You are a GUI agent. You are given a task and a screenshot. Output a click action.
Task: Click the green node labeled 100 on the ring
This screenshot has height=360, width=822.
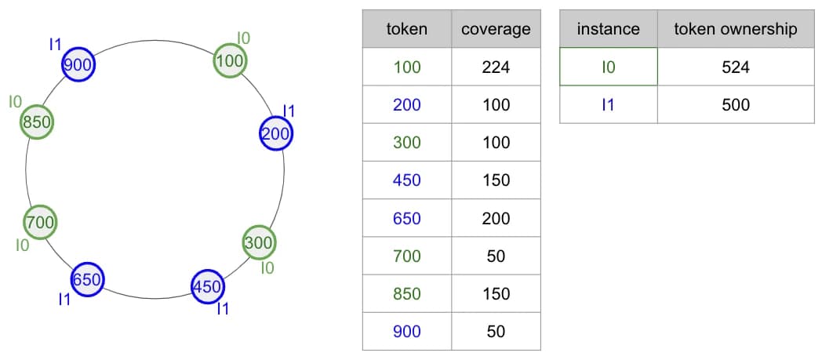point(230,61)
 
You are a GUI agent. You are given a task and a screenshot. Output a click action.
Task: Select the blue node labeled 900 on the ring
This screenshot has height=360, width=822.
point(78,64)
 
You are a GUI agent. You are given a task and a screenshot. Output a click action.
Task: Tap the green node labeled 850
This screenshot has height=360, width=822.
point(37,122)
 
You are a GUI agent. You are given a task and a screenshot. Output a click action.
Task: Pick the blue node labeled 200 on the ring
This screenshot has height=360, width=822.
point(276,133)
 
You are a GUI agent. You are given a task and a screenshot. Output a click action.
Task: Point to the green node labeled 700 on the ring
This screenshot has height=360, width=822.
point(40,222)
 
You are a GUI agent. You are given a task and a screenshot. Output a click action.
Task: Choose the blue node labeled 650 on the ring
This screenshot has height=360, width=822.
point(87,278)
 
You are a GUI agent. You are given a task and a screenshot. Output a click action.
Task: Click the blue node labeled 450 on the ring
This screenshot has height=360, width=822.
point(208,286)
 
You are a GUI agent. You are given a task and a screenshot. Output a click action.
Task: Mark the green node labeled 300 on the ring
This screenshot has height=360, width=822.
point(259,242)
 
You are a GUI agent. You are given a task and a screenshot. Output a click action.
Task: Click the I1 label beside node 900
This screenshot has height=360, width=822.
point(55,45)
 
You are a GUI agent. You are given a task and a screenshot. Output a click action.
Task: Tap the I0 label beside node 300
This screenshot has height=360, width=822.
point(267,268)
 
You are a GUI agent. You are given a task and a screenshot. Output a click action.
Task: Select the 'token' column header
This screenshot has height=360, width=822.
point(407,29)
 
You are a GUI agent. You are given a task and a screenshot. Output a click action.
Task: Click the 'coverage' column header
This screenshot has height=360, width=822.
point(496,29)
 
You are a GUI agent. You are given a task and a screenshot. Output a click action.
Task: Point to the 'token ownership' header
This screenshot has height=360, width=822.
point(736,29)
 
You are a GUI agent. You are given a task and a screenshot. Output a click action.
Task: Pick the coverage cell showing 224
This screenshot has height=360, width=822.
point(496,67)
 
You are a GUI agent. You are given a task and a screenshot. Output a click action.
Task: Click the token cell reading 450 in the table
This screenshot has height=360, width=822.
point(407,180)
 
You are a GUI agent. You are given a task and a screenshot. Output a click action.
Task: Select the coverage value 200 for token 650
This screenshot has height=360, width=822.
point(496,218)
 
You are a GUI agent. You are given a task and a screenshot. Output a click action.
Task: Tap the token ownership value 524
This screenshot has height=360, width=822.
point(736,67)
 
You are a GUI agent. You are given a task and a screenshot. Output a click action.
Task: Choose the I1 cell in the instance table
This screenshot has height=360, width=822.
point(608,105)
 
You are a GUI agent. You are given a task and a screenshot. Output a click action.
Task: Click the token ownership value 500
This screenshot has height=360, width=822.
point(736,105)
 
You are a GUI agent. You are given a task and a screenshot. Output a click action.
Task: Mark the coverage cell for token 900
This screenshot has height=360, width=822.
point(496,331)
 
